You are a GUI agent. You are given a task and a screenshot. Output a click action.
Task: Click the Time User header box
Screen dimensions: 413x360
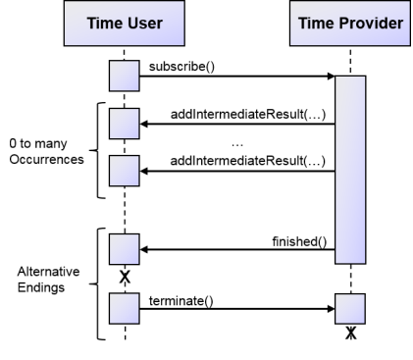pos(125,23)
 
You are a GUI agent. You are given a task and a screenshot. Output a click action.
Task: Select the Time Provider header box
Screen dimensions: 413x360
pos(350,23)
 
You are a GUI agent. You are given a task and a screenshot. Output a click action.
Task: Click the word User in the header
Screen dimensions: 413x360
pos(144,24)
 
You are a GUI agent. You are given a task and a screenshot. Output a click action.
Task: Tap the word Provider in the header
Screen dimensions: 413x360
pos(372,24)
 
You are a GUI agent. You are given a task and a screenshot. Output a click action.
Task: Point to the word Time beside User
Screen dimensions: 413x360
pos(104,24)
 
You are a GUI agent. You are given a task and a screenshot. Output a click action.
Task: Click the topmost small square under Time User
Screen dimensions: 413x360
pos(125,76)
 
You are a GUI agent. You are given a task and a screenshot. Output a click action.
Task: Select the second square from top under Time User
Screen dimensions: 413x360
pos(125,124)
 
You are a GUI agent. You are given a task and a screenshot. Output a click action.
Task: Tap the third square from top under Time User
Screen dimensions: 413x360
pos(125,171)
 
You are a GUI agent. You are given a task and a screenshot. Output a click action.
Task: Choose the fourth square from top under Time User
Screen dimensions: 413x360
pos(125,249)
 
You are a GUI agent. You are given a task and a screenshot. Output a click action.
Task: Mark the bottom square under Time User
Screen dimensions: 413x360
pos(125,308)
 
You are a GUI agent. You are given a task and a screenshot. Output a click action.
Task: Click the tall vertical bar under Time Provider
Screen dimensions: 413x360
pos(350,170)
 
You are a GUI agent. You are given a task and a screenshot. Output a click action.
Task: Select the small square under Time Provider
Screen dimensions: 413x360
pos(350,308)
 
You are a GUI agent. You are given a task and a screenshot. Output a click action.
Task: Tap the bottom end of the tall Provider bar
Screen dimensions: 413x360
pos(350,260)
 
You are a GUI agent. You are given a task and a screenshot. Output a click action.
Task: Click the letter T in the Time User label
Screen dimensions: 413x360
pos(91,24)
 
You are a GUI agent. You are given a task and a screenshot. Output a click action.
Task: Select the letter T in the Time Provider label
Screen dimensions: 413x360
pos(303,24)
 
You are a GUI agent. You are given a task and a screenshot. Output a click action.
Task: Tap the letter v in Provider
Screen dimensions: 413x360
pos(370,24)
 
